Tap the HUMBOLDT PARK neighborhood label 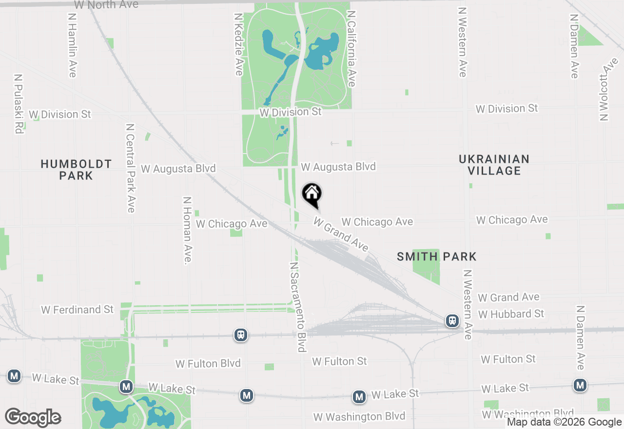tap(76, 170)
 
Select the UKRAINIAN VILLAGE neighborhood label tap(494, 165)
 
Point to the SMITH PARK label tap(436, 256)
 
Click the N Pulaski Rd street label tap(19, 104)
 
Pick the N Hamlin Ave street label tap(73, 45)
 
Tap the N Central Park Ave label tap(130, 168)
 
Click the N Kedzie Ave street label tap(238, 44)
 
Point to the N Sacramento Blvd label tap(298, 307)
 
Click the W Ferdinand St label tap(77, 310)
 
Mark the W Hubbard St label tap(511, 314)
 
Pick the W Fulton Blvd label tap(208, 363)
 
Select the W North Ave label tap(106, 5)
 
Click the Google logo tap(33, 417)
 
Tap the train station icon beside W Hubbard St tap(452, 321)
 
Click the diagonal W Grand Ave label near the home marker tap(341, 235)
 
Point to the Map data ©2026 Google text tap(564, 422)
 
